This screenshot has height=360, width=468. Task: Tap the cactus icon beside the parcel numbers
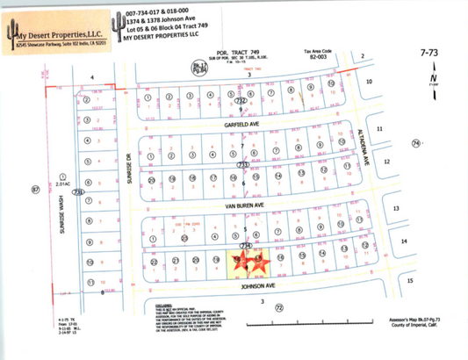(117, 25)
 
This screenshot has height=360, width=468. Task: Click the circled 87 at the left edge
(35, 189)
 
